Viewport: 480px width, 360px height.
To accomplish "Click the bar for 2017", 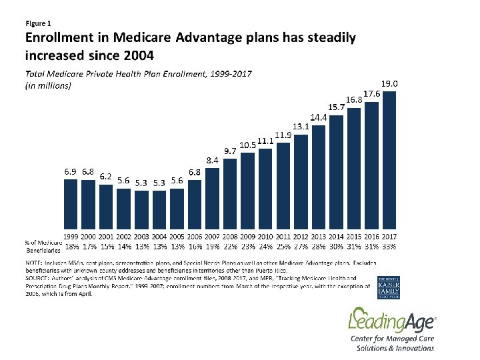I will click(x=390, y=160).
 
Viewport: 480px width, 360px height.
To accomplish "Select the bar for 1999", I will click(x=70, y=203).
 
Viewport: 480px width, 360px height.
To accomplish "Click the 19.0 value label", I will click(x=390, y=83).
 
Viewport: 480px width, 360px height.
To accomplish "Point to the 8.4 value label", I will click(x=213, y=160).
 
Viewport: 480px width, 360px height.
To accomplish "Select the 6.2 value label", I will click(x=105, y=177).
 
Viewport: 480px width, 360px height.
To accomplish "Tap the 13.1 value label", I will click(x=301, y=126).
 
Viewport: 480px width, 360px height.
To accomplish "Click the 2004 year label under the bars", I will click(x=159, y=237).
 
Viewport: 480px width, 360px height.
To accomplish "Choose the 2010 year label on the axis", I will click(x=265, y=237).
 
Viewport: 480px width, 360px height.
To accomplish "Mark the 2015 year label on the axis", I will click(x=354, y=237).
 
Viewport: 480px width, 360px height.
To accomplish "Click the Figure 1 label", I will click(x=38, y=24).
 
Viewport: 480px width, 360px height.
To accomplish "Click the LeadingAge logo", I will click(x=383, y=323).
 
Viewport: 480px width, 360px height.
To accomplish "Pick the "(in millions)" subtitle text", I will click(x=48, y=85).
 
